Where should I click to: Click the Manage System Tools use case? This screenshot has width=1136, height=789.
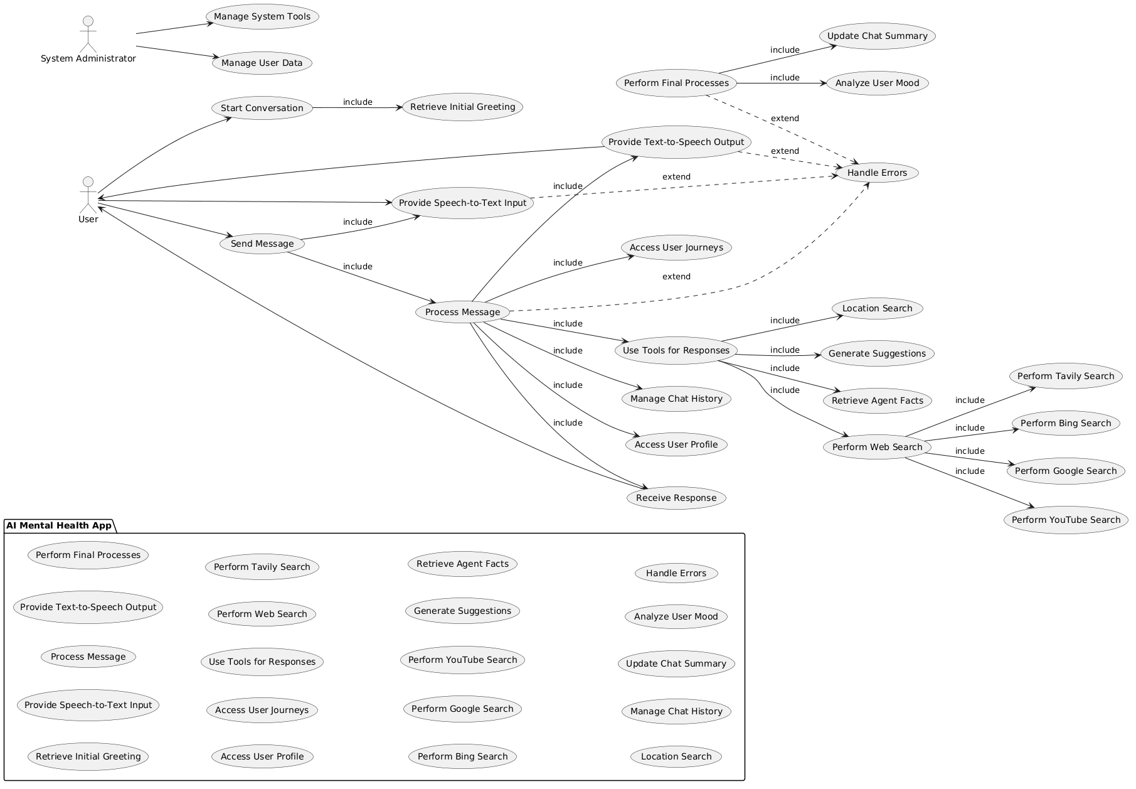262,16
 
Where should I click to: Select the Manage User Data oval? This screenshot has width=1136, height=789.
262,63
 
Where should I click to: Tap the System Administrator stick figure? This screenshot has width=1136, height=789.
88,35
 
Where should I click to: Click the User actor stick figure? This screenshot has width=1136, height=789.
88,195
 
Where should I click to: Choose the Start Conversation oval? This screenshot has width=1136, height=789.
262,108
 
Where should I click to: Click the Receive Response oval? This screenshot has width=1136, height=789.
676,498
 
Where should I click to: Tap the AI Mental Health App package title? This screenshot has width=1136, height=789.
59,525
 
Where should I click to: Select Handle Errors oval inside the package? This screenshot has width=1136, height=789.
676,573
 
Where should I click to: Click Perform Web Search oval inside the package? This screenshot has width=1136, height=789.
262,614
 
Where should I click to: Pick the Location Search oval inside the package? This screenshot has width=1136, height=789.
676,756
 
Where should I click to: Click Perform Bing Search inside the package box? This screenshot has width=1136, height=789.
462,756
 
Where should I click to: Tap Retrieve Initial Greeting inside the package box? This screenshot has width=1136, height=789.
88,756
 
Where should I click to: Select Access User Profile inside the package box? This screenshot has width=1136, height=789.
262,756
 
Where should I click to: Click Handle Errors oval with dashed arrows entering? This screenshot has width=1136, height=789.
877,173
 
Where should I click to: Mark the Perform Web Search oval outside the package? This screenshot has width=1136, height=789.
877,447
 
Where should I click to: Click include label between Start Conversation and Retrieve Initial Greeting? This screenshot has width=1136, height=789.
358,102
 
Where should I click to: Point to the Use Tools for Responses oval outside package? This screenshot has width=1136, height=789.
676,350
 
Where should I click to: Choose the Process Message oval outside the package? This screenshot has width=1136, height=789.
462,312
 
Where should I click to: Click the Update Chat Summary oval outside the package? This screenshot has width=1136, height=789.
877,36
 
